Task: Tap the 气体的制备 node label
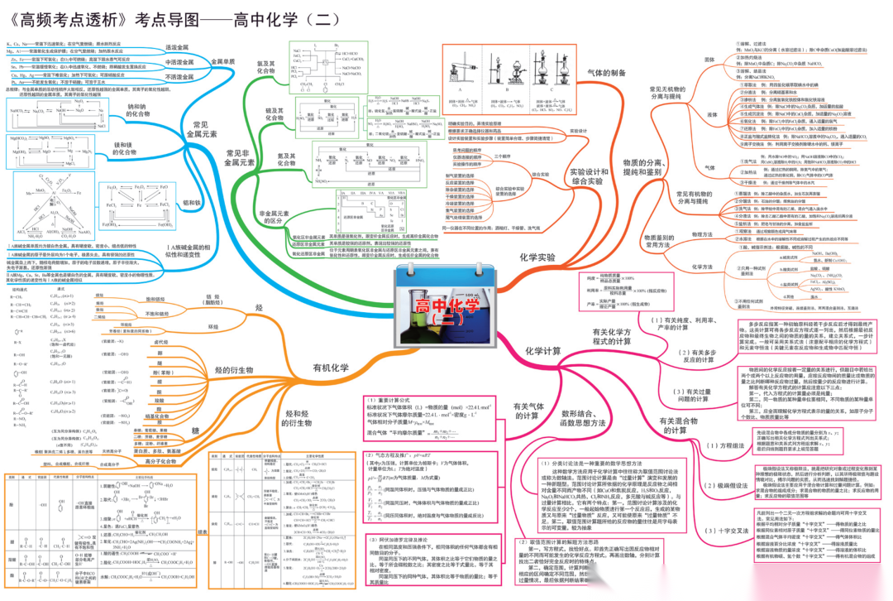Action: [606, 73]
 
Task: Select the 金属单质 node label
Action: [222, 61]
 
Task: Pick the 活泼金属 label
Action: [179, 47]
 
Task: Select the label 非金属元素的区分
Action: [270, 217]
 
